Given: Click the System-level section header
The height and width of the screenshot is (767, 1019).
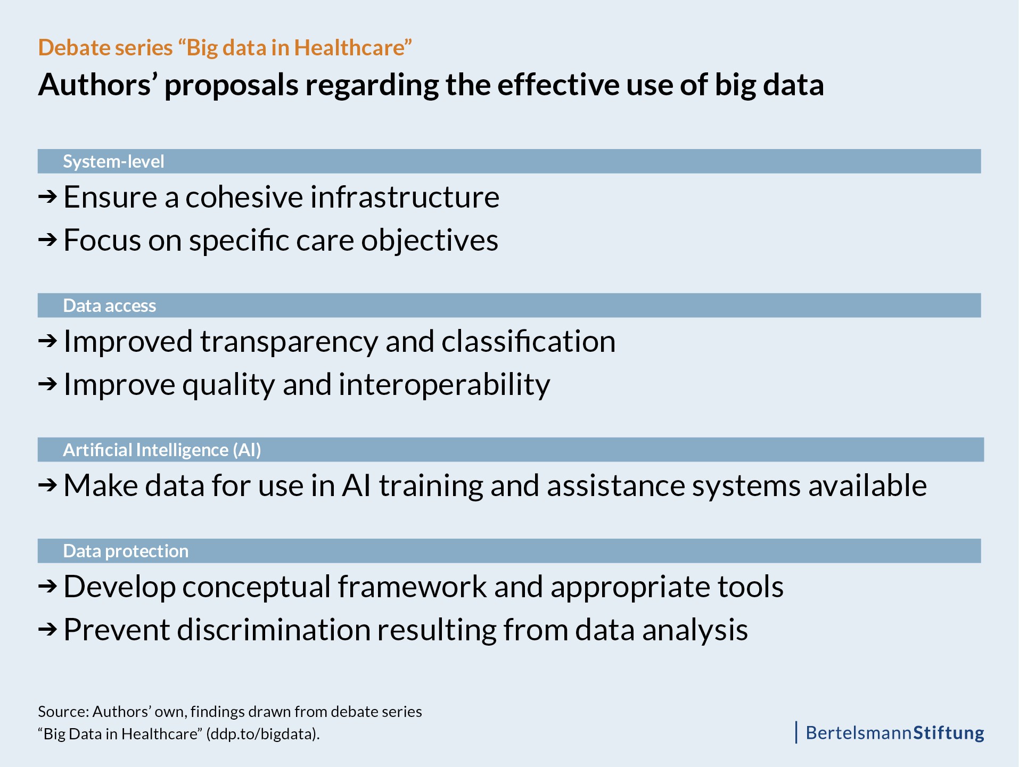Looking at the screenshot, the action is (113, 161).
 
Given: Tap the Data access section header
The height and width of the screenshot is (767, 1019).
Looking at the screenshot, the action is (110, 306).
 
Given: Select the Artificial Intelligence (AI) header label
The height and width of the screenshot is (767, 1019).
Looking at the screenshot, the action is (162, 450).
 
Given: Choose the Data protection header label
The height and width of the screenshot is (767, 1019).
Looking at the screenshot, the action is (126, 551).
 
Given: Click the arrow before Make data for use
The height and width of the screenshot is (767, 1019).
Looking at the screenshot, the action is (47, 485).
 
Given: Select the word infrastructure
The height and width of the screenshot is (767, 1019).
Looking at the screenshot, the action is (405, 197).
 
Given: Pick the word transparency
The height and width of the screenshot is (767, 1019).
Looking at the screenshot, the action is (289, 342).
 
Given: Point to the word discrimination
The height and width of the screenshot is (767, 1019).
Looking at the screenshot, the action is (274, 630).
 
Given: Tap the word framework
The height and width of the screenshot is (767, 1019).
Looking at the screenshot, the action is (412, 586).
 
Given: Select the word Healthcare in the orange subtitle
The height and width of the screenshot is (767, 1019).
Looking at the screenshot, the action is (350, 48).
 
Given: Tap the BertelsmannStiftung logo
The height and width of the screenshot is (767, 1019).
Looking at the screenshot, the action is (895, 733).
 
